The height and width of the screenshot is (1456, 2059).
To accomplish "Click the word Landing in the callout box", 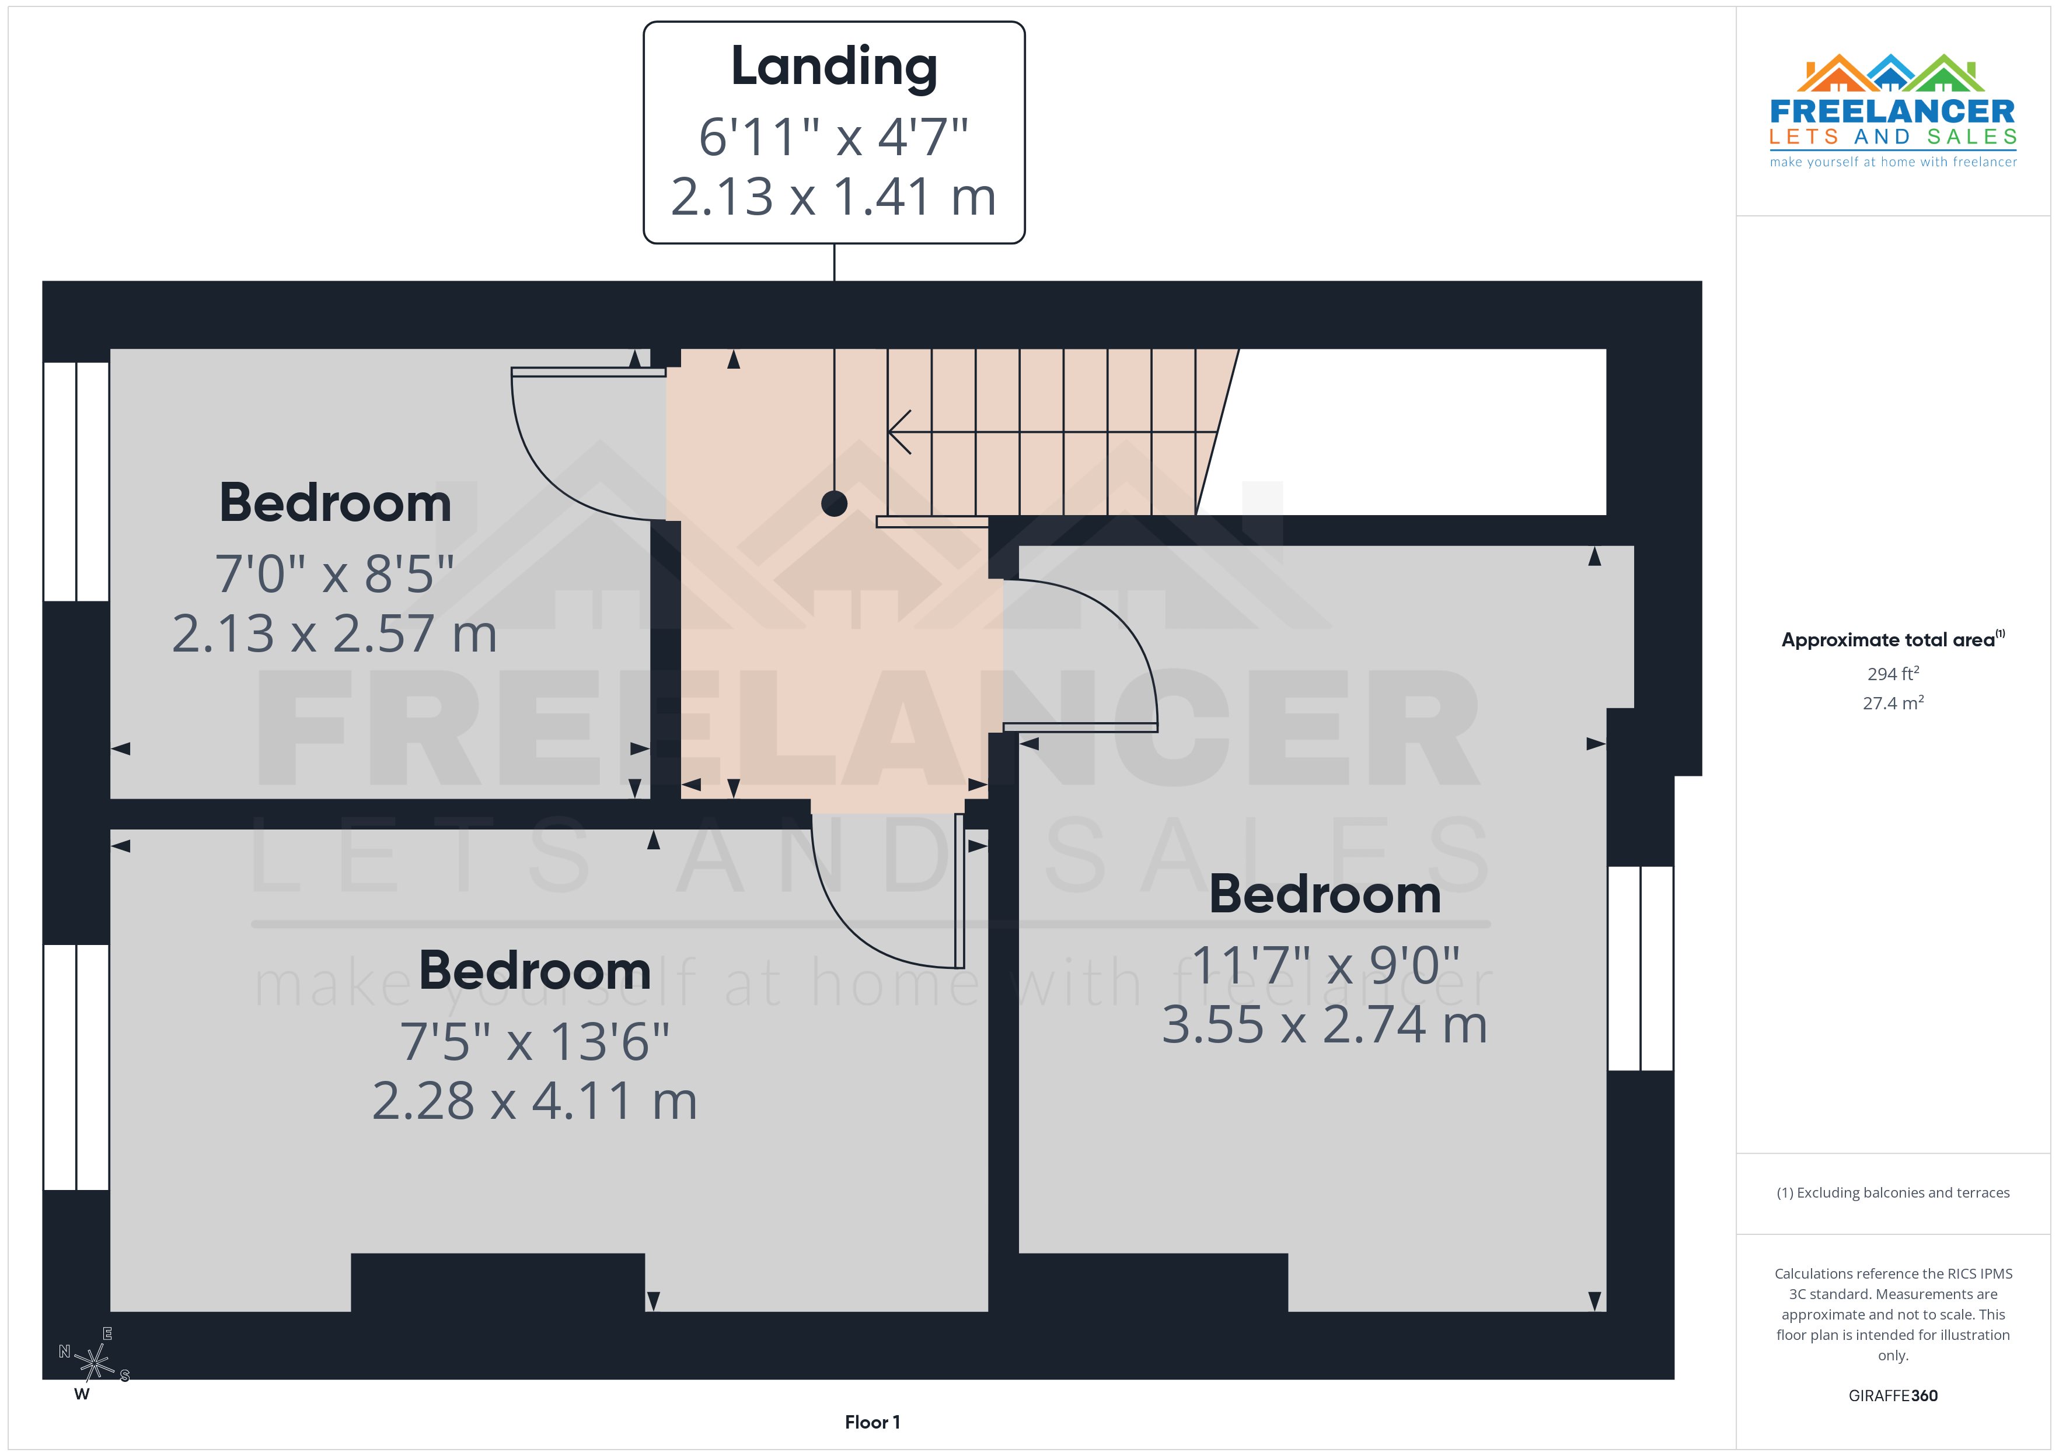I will click(x=834, y=67).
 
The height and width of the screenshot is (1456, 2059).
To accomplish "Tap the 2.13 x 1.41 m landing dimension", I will click(x=834, y=197).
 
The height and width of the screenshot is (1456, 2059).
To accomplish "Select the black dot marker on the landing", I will click(x=834, y=504).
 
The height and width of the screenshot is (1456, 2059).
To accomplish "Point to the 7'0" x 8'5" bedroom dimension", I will click(x=334, y=574).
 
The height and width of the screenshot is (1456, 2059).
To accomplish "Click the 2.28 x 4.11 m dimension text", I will click(x=535, y=1101).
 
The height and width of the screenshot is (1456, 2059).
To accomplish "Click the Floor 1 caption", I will click(x=872, y=1422).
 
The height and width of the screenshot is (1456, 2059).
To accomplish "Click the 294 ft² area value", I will click(x=1893, y=673).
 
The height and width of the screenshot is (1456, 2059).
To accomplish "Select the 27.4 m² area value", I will click(x=1893, y=703).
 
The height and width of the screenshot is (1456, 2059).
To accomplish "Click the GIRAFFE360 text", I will click(x=1893, y=1395).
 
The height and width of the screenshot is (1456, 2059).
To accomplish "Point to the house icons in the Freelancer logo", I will click(x=1892, y=73).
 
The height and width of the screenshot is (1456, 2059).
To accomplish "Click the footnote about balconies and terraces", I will click(x=1893, y=1192).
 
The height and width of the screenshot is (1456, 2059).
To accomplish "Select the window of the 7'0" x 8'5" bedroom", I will click(x=76, y=481).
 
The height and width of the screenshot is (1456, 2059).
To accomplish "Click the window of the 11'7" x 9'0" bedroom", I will click(x=1640, y=968).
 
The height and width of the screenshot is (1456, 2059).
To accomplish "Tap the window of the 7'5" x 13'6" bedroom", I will click(x=76, y=1067).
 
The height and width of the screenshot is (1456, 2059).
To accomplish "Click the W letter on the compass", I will click(x=82, y=1394).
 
